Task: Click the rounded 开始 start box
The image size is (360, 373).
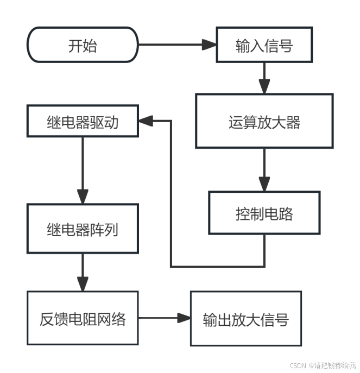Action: tap(83, 45)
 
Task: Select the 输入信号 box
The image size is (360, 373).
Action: tap(264, 45)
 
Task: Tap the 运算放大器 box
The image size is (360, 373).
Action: tap(264, 121)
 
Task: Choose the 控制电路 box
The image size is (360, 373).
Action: tap(264, 213)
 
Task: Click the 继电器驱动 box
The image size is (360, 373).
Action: tap(83, 122)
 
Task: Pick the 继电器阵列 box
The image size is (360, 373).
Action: tap(83, 229)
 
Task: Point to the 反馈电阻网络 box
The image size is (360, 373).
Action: tap(83, 318)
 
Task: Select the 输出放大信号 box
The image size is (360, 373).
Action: tap(245, 318)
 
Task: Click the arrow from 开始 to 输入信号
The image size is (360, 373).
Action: tap(176, 45)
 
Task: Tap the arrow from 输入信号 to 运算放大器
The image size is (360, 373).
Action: tap(264, 77)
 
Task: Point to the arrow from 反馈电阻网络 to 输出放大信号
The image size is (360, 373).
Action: tap(163, 318)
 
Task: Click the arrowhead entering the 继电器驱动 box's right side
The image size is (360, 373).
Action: tap(146, 122)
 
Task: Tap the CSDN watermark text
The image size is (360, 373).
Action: tap(322, 365)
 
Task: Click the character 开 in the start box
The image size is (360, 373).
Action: tap(75, 46)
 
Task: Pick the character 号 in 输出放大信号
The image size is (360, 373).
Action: tap(281, 319)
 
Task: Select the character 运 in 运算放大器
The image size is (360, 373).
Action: tap(235, 122)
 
